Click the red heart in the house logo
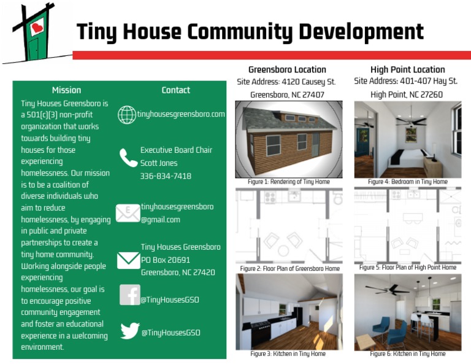(x=37, y=28)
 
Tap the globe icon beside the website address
(x=127, y=115)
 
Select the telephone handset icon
(x=128, y=158)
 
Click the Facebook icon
(x=130, y=295)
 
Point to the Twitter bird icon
(x=130, y=330)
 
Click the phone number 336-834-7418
(x=166, y=176)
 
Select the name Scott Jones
(x=159, y=163)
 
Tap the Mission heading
(x=66, y=90)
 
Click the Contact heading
(x=176, y=90)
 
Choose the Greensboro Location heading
(x=287, y=69)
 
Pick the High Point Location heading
(x=408, y=69)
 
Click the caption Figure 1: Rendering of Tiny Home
(x=289, y=182)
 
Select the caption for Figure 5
(x=408, y=267)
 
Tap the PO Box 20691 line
(x=166, y=260)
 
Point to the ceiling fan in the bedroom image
(x=411, y=121)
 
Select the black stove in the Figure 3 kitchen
(x=260, y=334)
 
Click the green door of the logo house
(x=34, y=48)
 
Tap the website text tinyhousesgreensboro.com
(x=181, y=114)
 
